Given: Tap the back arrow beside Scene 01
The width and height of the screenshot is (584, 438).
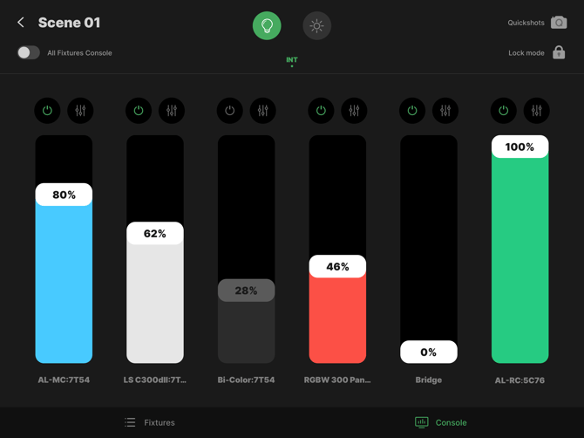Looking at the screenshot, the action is (x=21, y=23).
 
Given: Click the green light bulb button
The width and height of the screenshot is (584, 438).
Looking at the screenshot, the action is (x=267, y=25).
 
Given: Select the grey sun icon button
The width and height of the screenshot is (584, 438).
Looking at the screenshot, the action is (x=317, y=25).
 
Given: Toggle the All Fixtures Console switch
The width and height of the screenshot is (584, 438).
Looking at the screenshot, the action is (x=28, y=52).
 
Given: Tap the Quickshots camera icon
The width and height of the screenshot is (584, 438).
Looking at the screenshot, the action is (x=559, y=23).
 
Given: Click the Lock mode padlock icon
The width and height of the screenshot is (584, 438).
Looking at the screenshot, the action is (x=559, y=52).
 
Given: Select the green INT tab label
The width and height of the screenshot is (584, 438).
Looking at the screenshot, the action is (x=292, y=59).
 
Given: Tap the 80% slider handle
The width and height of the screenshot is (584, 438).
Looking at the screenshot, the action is (x=64, y=195).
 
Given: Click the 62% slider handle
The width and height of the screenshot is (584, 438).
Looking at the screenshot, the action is (x=155, y=233).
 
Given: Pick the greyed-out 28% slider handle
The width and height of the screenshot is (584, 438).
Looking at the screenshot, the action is (x=246, y=291).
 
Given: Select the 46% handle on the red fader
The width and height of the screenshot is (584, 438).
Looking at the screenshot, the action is (x=337, y=266).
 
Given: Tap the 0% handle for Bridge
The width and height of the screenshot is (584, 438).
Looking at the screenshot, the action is (x=429, y=352).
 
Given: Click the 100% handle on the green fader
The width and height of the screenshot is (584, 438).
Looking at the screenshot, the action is (x=520, y=147).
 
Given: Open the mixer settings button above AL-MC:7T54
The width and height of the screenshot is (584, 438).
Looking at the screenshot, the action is (x=80, y=110).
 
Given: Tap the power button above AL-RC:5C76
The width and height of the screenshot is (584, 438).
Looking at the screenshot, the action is (x=504, y=110).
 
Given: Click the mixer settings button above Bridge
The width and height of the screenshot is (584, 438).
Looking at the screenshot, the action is (x=445, y=110).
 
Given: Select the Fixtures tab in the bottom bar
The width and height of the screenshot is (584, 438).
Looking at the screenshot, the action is (x=150, y=422).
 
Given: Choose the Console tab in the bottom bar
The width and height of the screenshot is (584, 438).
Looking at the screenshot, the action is (x=440, y=422).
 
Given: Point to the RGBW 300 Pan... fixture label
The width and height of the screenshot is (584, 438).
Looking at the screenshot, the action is (x=337, y=380).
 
